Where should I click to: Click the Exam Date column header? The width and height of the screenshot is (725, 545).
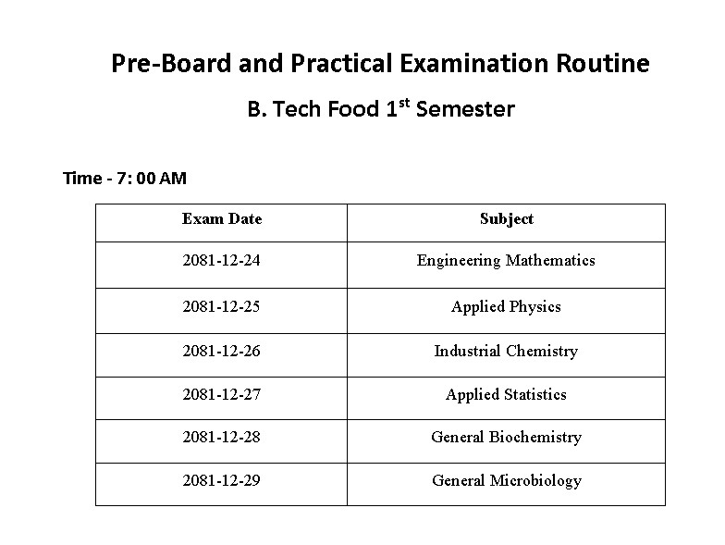[x=222, y=219]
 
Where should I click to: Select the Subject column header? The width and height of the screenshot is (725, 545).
[x=506, y=219]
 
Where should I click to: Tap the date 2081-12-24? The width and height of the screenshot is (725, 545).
[x=222, y=261]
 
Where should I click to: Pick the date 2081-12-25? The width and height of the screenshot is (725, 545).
[x=222, y=306]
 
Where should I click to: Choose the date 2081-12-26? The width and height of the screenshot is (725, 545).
[x=222, y=351]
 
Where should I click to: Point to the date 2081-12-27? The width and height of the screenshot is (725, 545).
[x=222, y=394]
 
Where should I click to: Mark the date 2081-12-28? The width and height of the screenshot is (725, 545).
[x=222, y=437]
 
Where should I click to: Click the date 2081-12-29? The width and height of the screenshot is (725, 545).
[x=222, y=480]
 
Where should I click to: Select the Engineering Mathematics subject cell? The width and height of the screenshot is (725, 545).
[x=506, y=261]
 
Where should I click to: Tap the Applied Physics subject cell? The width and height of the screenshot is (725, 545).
[x=506, y=306]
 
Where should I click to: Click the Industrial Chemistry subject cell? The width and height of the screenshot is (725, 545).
[x=506, y=351]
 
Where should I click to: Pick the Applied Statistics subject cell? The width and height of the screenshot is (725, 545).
[x=506, y=394]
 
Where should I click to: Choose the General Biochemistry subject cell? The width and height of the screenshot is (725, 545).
[x=506, y=437]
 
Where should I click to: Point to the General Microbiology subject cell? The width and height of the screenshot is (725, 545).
[x=506, y=480]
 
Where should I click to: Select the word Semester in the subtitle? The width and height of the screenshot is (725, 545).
[x=465, y=109]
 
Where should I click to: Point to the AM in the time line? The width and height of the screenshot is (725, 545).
[x=173, y=178]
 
